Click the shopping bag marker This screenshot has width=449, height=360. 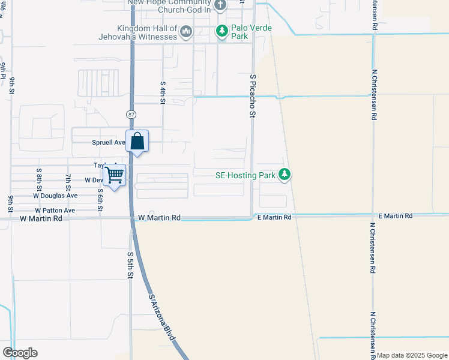(x=137, y=142)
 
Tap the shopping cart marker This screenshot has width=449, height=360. (x=114, y=175)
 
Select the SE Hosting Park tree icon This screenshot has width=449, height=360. (x=285, y=175)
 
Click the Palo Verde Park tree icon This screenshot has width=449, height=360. (x=223, y=31)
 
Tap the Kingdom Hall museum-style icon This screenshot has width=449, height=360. (x=186, y=31)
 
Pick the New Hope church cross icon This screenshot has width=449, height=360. (x=220, y=5)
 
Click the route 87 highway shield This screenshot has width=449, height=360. (x=131, y=114)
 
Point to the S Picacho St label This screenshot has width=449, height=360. (x=253, y=96)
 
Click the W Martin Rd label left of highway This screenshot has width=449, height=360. (x=41, y=219)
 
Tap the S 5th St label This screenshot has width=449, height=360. (x=130, y=265)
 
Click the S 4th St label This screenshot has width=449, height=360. (x=162, y=93)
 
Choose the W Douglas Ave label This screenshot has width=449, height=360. (x=55, y=196)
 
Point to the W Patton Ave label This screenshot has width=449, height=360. (x=55, y=211)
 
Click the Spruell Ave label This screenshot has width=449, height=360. (x=108, y=143)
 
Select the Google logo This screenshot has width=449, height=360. (x=20, y=353)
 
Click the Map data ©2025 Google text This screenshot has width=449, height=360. (x=412, y=355)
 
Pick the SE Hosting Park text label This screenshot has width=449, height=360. (x=245, y=176)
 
